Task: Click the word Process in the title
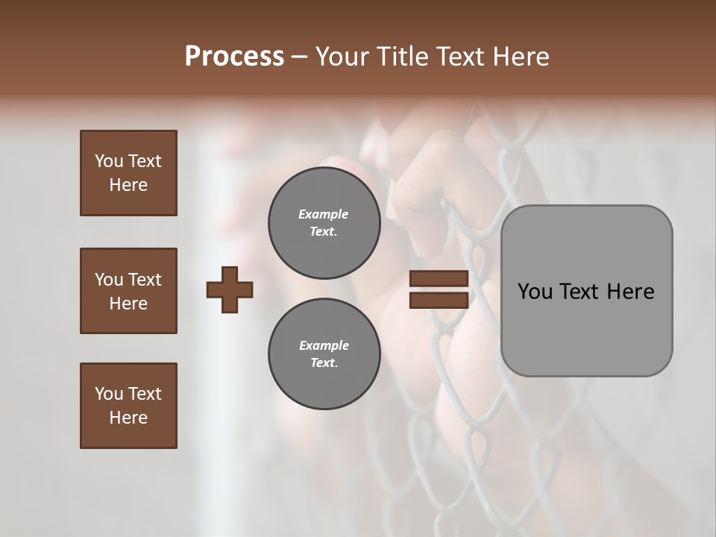click(x=234, y=57)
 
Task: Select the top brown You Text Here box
click(x=128, y=173)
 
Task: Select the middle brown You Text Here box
click(x=128, y=291)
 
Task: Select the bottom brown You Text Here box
click(x=128, y=406)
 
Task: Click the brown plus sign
click(x=230, y=289)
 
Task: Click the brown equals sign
click(x=439, y=289)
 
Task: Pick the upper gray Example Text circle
click(x=324, y=222)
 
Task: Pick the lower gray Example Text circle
click(x=324, y=354)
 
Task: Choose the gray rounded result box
click(x=586, y=290)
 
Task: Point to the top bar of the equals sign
click(x=439, y=279)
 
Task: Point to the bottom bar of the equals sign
click(x=439, y=300)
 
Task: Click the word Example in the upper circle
click(x=324, y=214)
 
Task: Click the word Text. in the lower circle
click(x=324, y=363)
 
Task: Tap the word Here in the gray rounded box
click(x=630, y=292)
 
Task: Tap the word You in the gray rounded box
click(x=536, y=292)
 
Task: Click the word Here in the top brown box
click(x=128, y=185)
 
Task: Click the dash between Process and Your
click(x=300, y=58)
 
